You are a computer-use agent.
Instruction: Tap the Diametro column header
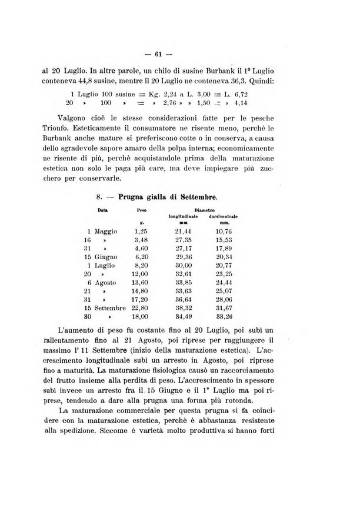(200, 209)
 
